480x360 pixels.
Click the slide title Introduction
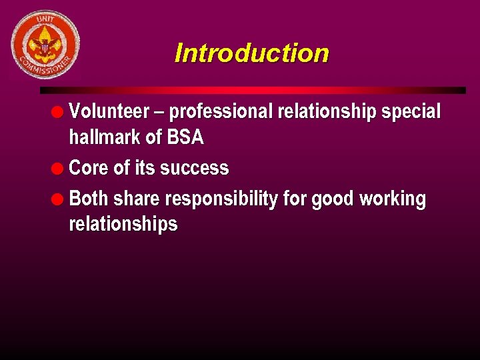[251, 53]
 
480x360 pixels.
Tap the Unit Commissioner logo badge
[45, 45]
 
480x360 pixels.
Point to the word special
[411, 112]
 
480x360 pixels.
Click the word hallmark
[105, 138]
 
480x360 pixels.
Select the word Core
[89, 168]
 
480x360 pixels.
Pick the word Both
[89, 199]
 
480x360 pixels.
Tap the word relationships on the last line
[123, 224]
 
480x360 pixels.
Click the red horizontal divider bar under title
[253, 90]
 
